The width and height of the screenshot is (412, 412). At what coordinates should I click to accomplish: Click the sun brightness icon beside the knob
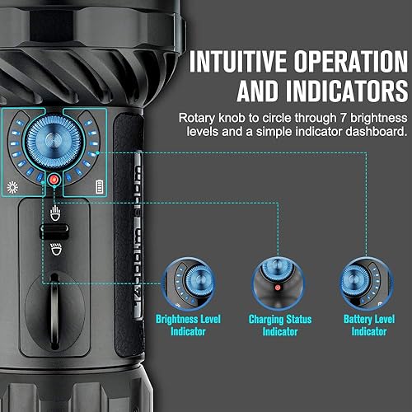[14, 188]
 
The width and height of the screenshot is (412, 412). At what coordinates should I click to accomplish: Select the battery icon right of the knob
[99, 187]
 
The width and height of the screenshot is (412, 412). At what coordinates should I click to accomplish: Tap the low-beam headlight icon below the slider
[55, 249]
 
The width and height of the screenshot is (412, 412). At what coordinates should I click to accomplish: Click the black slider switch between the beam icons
[55, 231]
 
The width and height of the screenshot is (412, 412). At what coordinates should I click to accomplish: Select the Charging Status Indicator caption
[274, 325]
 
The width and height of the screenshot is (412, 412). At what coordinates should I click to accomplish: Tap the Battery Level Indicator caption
[363, 325]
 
